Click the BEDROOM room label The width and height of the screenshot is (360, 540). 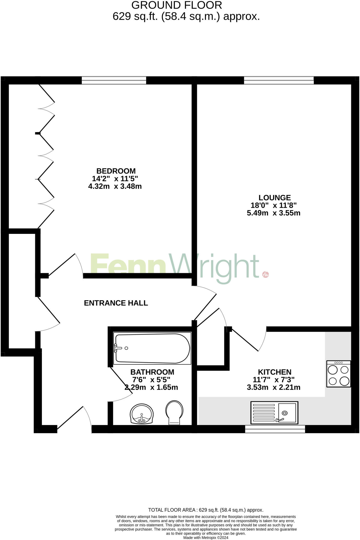(116, 171)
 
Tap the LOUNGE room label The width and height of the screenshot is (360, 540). (275, 197)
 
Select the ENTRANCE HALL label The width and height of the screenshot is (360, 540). (116, 303)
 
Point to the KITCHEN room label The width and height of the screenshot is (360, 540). (275, 372)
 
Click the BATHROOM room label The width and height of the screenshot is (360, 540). (152, 372)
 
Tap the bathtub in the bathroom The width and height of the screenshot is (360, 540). (152, 348)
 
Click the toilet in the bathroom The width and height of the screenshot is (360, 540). (174, 412)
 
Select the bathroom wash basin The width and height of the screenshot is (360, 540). (142, 414)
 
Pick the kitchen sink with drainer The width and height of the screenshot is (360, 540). (274, 413)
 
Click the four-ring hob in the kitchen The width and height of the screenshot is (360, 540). (339, 374)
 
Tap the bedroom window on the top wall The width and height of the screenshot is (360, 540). (114, 80)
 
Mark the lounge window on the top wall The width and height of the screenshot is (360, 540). (279, 80)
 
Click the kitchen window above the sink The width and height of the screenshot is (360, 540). (275, 429)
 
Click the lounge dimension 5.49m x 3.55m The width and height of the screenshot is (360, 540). (273, 213)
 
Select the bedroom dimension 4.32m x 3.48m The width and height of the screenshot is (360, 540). (115, 186)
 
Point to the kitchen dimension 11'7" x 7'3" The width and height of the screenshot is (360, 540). (273, 380)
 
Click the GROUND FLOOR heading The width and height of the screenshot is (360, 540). (177, 5)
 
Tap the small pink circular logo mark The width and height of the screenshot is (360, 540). (265, 274)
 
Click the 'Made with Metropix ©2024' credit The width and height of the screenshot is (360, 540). (206, 538)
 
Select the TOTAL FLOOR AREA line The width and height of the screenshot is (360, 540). (206, 510)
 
